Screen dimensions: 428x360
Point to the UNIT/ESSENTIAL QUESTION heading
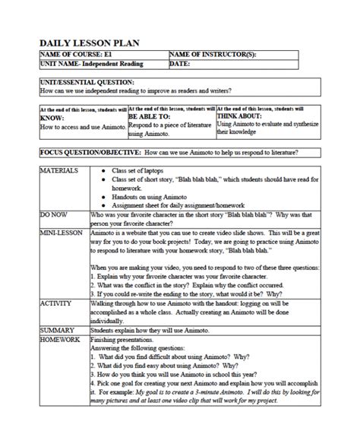(87, 82)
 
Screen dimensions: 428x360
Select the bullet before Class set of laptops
(104, 171)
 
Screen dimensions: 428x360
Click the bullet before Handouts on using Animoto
(104, 197)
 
